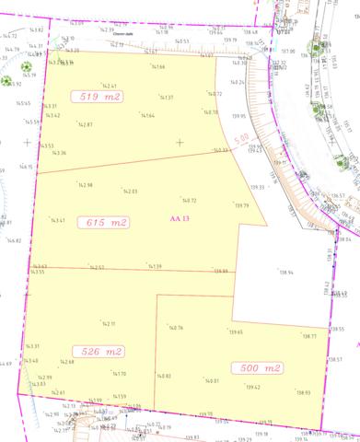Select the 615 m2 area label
(108, 223)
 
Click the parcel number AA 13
(180, 218)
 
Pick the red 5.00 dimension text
(240, 140)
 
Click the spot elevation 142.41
(109, 86)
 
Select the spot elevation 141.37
(167, 97)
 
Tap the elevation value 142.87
(85, 123)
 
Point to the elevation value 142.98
(85, 184)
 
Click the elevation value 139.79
(242, 204)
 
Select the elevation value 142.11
(107, 323)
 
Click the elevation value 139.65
(236, 331)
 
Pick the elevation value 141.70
(119, 373)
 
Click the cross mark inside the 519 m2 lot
(180, 142)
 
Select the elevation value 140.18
(211, 111)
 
